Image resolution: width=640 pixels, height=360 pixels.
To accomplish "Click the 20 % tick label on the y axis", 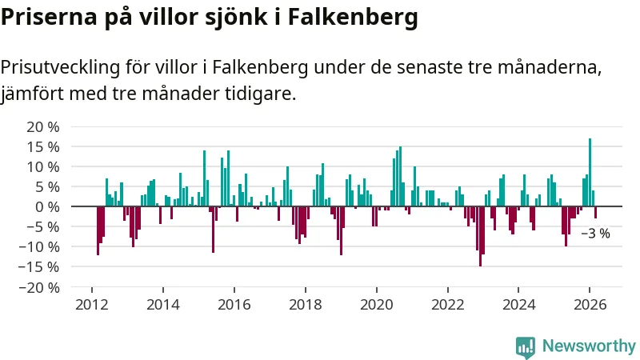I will (x=43, y=126).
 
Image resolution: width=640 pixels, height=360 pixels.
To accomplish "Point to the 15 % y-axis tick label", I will (x=43, y=146).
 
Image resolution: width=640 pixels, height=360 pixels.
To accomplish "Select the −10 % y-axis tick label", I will (x=40, y=246).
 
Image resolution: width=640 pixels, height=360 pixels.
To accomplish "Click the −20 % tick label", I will (x=40, y=287).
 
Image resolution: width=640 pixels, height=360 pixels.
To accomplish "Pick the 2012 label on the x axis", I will (x=91, y=304).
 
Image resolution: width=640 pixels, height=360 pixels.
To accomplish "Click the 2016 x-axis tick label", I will (x=234, y=304).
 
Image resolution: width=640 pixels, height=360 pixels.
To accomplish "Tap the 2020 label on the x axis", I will (x=376, y=304).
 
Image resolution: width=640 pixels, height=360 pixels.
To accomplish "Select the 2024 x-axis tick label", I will (x=518, y=304).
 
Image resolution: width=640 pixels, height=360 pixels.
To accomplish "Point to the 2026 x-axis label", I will (x=590, y=304).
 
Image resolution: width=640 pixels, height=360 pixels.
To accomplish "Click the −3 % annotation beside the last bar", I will (x=594, y=234).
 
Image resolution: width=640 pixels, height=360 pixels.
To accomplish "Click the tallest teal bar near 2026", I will (x=590, y=172).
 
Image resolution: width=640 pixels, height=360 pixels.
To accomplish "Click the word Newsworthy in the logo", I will (x=588, y=346).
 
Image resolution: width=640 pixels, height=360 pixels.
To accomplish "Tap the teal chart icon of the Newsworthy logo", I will (x=526, y=346).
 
